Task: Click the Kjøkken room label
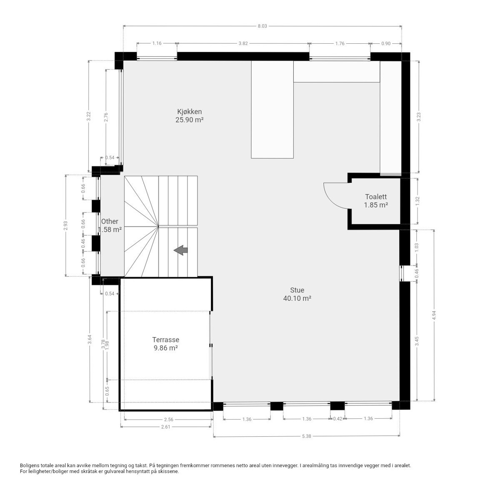coord(189,112)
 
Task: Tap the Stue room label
coord(297,290)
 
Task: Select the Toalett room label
coord(376,197)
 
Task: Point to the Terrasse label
coord(165,340)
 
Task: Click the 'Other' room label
coord(110,221)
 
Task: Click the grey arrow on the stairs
coord(181,250)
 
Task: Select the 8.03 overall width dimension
coord(262,26)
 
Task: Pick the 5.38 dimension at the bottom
coord(306,436)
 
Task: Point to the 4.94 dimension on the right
coord(435,315)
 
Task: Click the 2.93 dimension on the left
coord(66,225)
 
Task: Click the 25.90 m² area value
coord(189,120)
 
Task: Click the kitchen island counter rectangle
coord(272,110)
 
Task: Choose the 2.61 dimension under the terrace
coord(166,426)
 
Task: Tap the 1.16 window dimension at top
coord(157,43)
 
